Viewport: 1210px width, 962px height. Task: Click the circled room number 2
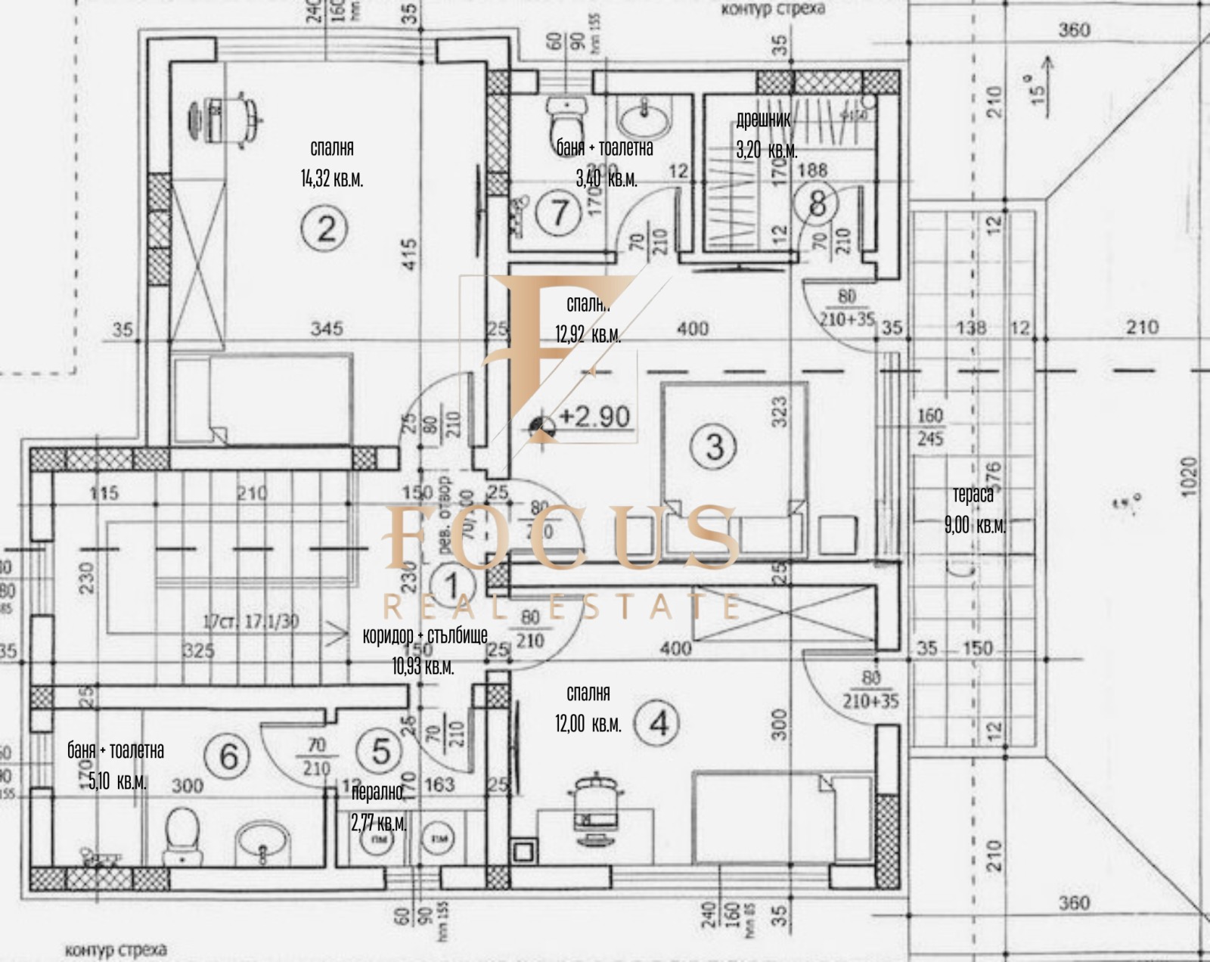325,228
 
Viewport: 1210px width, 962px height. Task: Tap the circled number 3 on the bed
714,445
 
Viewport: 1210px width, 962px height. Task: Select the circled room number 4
659,723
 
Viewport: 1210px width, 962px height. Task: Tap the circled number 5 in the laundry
381,750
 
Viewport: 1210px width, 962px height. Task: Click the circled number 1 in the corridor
451,585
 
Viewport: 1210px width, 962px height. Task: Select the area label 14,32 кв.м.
331,179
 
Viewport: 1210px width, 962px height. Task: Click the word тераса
973,495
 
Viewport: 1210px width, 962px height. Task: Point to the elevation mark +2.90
594,417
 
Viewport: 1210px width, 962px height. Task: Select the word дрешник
763,119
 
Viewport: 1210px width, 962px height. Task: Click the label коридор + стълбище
425,635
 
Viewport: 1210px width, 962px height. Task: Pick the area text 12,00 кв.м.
588,724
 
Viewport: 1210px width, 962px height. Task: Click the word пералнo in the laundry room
377,793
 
